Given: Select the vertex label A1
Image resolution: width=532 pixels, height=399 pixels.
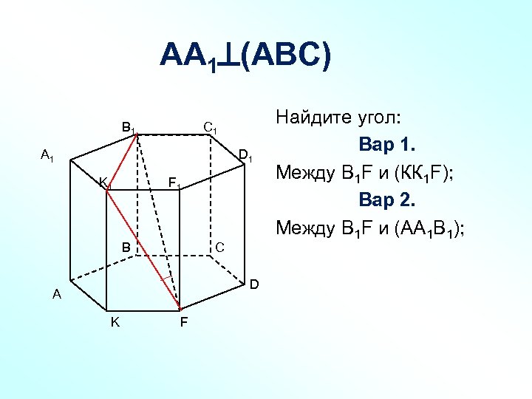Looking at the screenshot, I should click(x=47, y=155).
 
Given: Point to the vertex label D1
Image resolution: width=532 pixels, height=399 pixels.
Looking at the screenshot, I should click(x=246, y=157).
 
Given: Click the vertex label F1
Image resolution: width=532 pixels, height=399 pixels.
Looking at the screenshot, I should click(x=174, y=183).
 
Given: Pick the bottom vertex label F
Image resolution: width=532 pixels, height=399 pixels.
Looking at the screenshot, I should click(x=183, y=323).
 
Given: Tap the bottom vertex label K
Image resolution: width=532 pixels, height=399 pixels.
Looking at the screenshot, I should click(x=115, y=322).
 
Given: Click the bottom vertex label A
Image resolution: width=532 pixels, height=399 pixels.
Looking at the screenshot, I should click(x=56, y=295).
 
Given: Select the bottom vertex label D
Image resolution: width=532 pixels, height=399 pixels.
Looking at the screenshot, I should click(x=253, y=284).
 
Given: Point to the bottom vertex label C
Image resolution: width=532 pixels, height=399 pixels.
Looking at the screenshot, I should click(x=219, y=246).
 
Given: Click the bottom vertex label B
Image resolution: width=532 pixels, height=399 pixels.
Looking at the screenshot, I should click(x=126, y=247).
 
